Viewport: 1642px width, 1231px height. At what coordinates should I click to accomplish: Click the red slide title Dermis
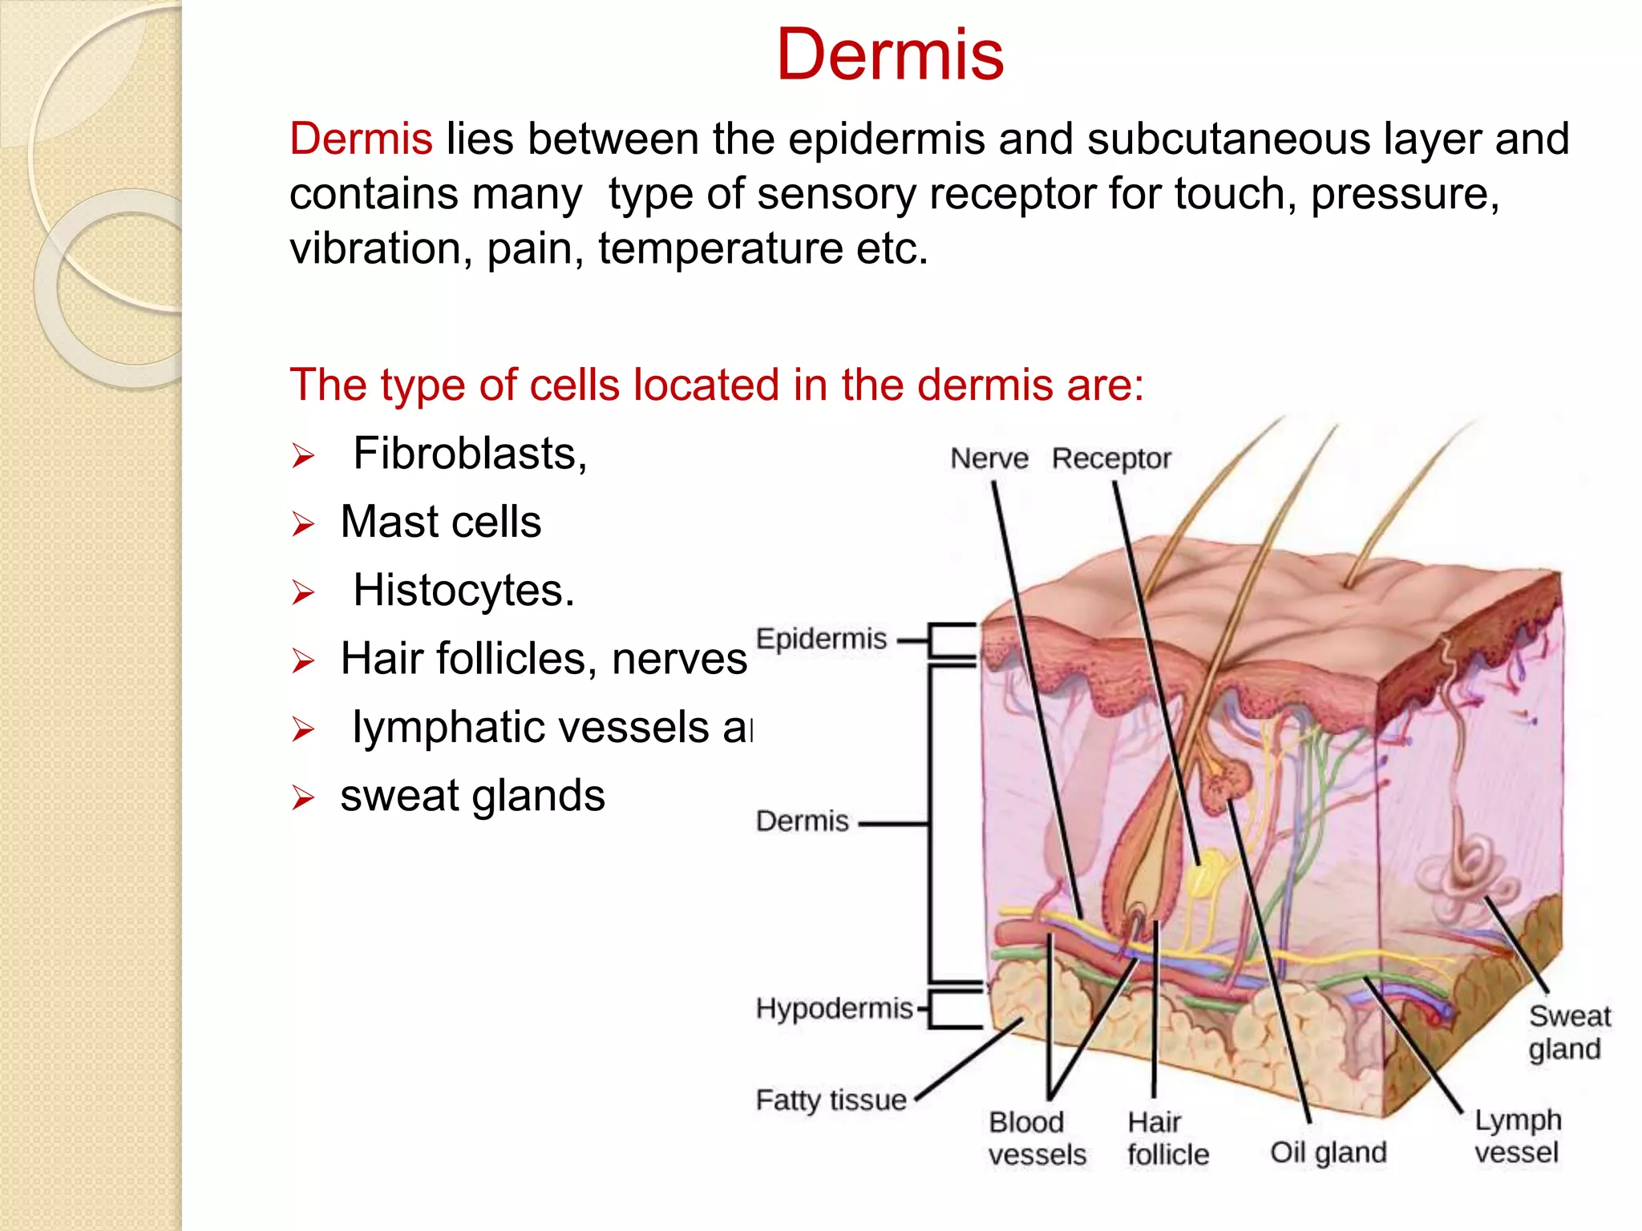(890, 54)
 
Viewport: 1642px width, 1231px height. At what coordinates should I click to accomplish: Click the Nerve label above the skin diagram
(989, 458)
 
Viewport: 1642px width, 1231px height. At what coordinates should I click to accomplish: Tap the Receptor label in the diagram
(1110, 458)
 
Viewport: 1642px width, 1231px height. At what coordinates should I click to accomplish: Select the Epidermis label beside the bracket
(821, 639)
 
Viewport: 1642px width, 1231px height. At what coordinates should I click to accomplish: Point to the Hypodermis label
(834, 1008)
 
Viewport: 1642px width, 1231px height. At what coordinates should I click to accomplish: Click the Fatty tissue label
(831, 1100)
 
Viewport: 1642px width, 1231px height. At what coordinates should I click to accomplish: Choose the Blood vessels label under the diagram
(1037, 1138)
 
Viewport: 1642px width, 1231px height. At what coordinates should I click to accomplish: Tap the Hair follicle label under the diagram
(1167, 1138)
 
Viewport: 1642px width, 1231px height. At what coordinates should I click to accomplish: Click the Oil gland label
(1328, 1152)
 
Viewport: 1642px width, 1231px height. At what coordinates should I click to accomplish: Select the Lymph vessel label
(1517, 1136)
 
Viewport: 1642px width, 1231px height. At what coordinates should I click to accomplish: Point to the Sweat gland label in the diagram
(1568, 1032)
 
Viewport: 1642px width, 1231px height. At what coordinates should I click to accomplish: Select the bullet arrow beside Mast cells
(303, 524)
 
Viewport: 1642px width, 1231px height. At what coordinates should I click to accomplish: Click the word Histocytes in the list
(463, 591)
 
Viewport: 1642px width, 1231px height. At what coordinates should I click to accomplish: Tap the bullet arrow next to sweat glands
(303, 797)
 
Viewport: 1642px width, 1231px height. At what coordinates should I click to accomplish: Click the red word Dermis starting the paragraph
(361, 139)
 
